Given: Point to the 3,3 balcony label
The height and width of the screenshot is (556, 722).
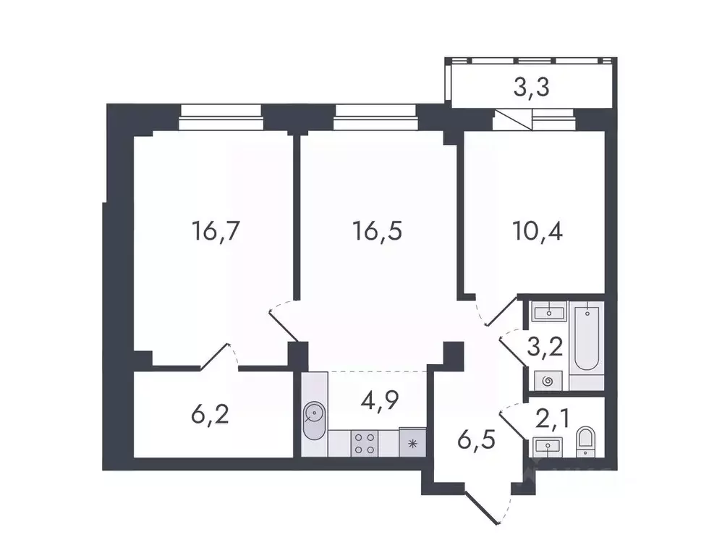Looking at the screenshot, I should tap(532, 88).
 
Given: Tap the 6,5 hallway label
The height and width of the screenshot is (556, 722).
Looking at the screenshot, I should tap(476, 439).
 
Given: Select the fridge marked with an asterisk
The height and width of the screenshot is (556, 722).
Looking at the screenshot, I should tap(413, 443).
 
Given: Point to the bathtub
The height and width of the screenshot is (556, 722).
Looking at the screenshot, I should tap(585, 337).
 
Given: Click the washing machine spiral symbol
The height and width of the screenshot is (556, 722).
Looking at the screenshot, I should tap(548, 379).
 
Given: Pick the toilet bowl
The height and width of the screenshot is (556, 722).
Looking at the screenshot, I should tap(585, 441).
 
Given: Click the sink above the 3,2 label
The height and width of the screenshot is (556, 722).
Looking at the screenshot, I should tap(548, 313).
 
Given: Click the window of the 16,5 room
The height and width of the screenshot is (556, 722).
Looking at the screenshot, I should tap(375, 116).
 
